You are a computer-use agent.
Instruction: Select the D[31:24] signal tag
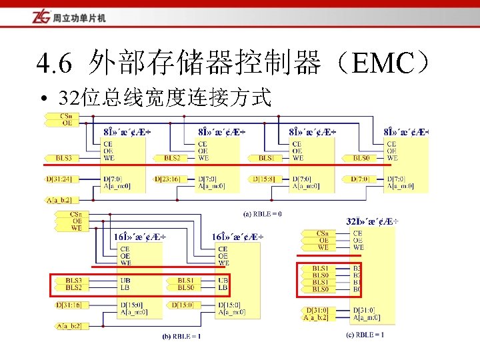pos(59,179)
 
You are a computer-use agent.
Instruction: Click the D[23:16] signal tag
pos(167,179)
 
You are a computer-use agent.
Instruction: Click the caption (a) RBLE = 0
pos(261,214)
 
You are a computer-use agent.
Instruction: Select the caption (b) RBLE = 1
pos(181,337)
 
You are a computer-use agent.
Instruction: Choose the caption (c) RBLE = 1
pos(364,335)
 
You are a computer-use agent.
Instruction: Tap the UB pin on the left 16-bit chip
pos(125,281)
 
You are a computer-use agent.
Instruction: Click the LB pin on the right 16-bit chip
pos(222,287)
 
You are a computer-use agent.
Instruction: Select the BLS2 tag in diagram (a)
pos(172,158)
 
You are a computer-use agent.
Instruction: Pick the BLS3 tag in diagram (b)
pos(73,281)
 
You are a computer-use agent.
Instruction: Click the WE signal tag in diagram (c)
pos(323,247)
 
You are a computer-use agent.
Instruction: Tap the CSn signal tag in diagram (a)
pos(66,116)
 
